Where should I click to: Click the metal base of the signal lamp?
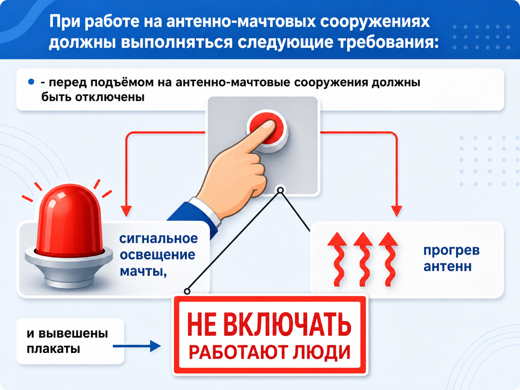tap(69, 269)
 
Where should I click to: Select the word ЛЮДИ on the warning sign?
tap(321, 352)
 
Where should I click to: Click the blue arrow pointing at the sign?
tap(137, 346)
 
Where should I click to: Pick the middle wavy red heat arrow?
tap(363, 259)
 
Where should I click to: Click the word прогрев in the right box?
tap(451, 251)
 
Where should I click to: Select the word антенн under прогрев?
tap(447, 267)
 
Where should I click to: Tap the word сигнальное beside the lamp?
tap(158, 239)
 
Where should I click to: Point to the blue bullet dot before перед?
tap(31, 82)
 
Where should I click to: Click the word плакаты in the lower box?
tap(53, 349)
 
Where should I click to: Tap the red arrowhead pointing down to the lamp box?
tap(126, 211)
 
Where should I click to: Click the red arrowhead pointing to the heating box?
tap(397, 211)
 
